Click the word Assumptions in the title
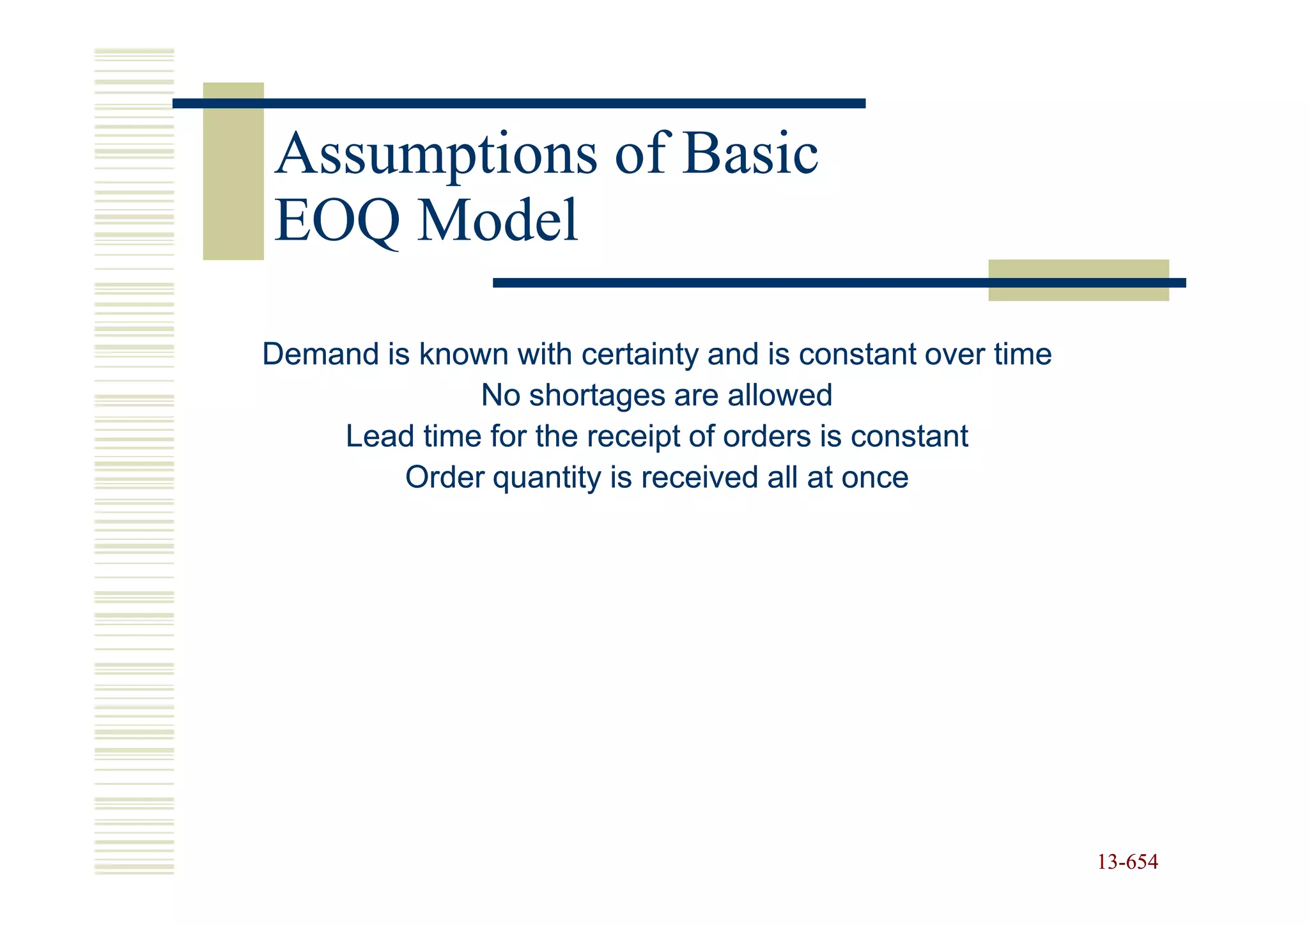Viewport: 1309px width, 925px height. tap(436, 155)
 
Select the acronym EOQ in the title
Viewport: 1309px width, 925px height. tap(337, 221)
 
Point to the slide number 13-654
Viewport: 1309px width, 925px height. tap(1127, 862)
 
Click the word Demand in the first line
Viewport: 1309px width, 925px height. tap(320, 354)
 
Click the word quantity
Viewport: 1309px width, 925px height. tap(547, 478)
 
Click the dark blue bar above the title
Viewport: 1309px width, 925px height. tap(519, 104)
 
